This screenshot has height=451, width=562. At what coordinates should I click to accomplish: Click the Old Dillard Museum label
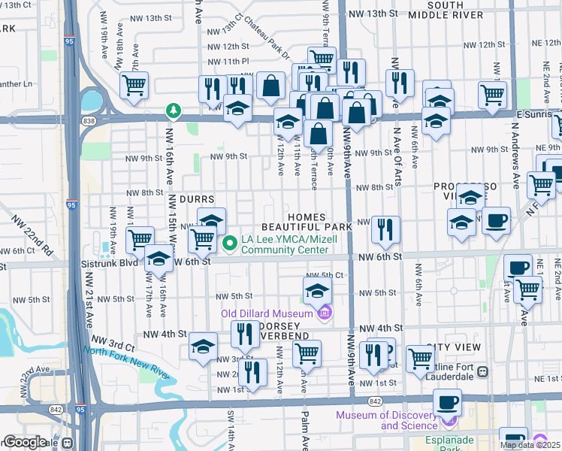click(x=266, y=313)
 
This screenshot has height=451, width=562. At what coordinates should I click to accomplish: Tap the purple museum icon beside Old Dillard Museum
click(x=324, y=313)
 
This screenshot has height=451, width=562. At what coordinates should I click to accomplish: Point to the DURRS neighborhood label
click(x=197, y=199)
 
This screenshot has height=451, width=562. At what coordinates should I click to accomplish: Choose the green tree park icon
click(x=174, y=112)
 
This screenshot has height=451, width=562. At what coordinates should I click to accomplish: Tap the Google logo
click(x=25, y=442)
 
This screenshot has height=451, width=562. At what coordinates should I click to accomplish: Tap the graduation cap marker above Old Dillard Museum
click(x=317, y=290)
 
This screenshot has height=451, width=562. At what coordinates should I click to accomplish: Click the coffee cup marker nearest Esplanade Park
click(x=513, y=438)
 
